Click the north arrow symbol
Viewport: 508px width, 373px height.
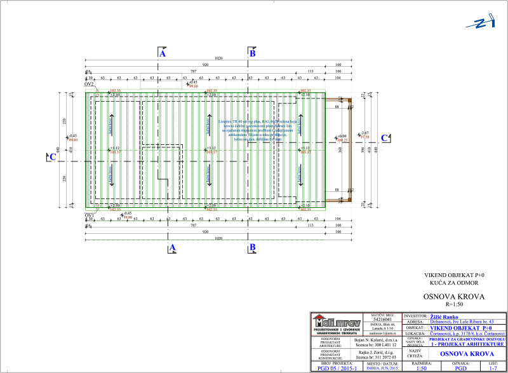(x=480, y=24)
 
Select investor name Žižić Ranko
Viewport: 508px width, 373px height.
(x=444, y=316)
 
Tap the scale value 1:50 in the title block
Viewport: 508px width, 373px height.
(x=421, y=368)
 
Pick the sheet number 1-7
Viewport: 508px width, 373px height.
(x=493, y=368)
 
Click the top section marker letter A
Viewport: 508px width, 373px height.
(x=163, y=55)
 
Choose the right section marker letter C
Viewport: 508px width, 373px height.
(x=384, y=138)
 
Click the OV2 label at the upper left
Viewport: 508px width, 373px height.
(x=89, y=84)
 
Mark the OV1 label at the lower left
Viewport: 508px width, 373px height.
(x=89, y=215)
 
